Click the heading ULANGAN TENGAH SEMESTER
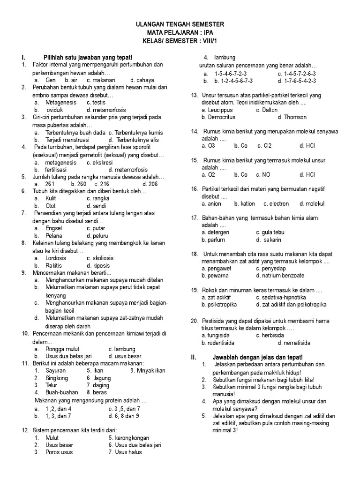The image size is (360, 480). (x=180, y=24)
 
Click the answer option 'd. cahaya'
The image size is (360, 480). (x=142, y=80)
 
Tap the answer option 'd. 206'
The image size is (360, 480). (x=150, y=184)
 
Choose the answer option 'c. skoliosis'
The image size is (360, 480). (x=100, y=258)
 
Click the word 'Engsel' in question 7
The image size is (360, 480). (x=54, y=228)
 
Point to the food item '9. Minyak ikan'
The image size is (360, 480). (x=148, y=370)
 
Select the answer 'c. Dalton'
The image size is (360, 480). (x=267, y=110)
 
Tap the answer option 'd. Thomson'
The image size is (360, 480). (x=292, y=117)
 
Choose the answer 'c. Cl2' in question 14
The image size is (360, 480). (x=265, y=146)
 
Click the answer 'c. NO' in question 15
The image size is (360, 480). (x=263, y=175)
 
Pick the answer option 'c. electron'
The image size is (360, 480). (x=276, y=204)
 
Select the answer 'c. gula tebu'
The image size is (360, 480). (x=270, y=232)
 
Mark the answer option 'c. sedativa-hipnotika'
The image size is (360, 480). (x=281, y=297)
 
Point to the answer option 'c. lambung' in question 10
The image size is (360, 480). (x=121, y=349)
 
